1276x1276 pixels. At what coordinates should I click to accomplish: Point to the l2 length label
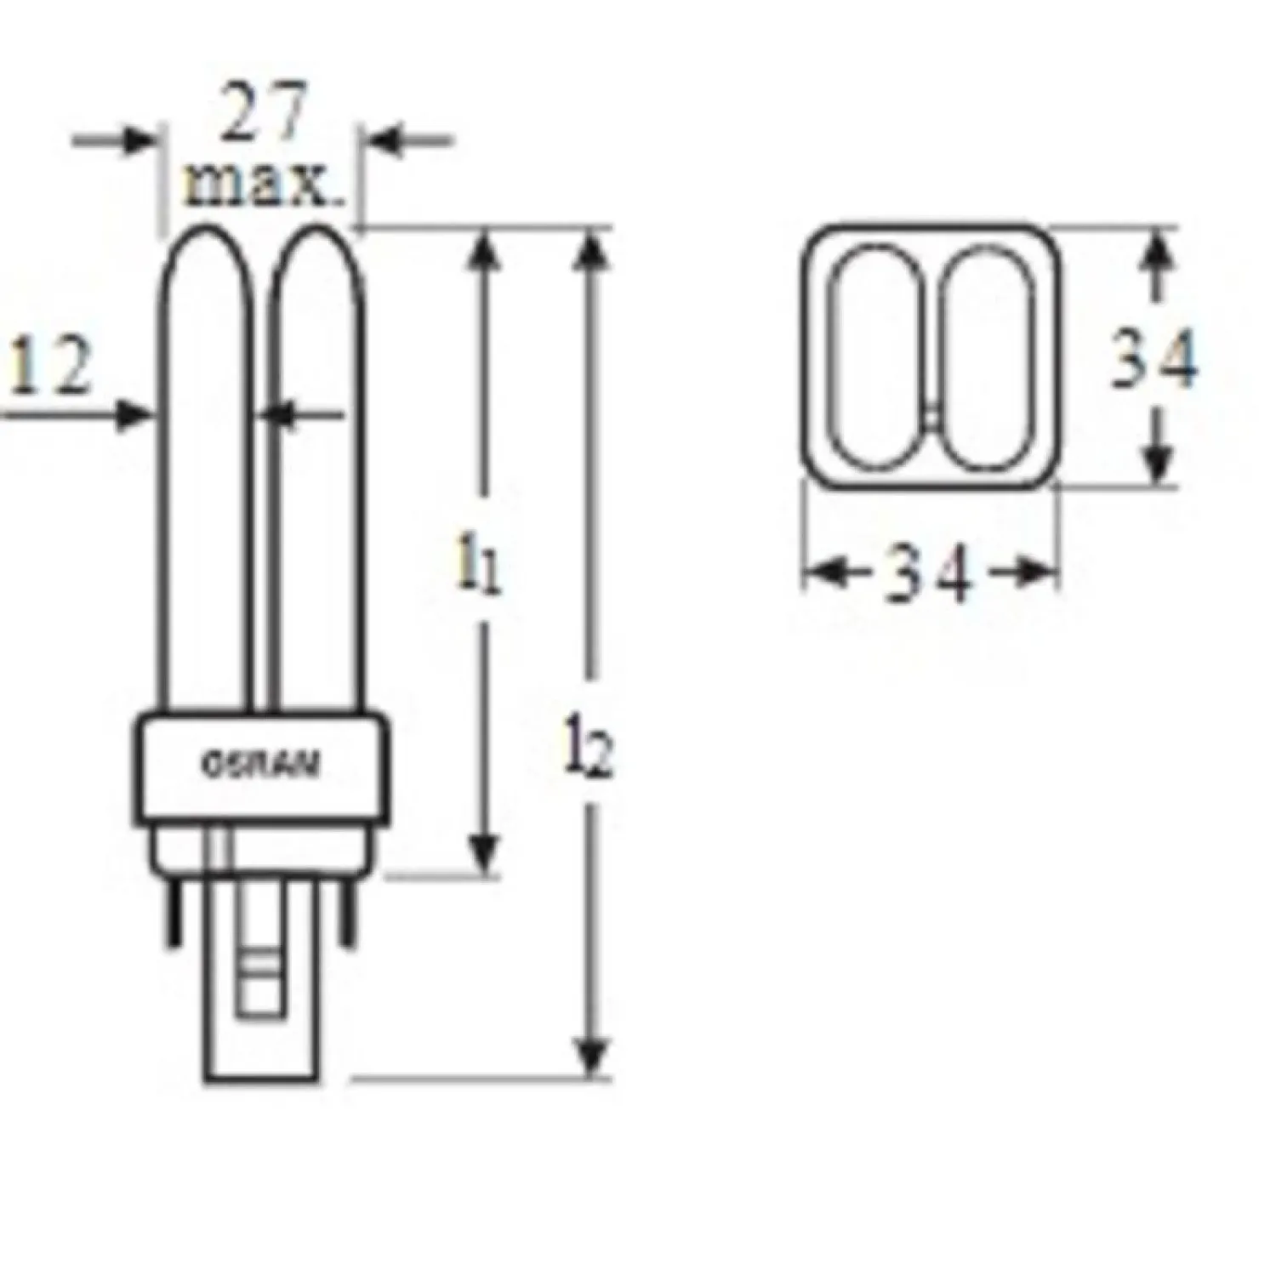tap(590, 755)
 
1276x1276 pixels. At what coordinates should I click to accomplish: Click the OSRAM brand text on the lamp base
tap(261, 765)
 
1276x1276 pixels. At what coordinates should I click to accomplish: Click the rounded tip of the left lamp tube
tap(205, 238)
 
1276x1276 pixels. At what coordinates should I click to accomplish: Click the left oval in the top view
tap(877, 356)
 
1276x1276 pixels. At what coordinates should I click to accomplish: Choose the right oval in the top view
tap(988, 358)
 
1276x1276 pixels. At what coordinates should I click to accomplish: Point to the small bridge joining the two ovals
tap(932, 417)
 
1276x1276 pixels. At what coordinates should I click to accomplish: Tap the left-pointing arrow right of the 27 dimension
tap(389, 140)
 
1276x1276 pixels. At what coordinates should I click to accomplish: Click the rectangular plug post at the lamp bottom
tap(256, 1004)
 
